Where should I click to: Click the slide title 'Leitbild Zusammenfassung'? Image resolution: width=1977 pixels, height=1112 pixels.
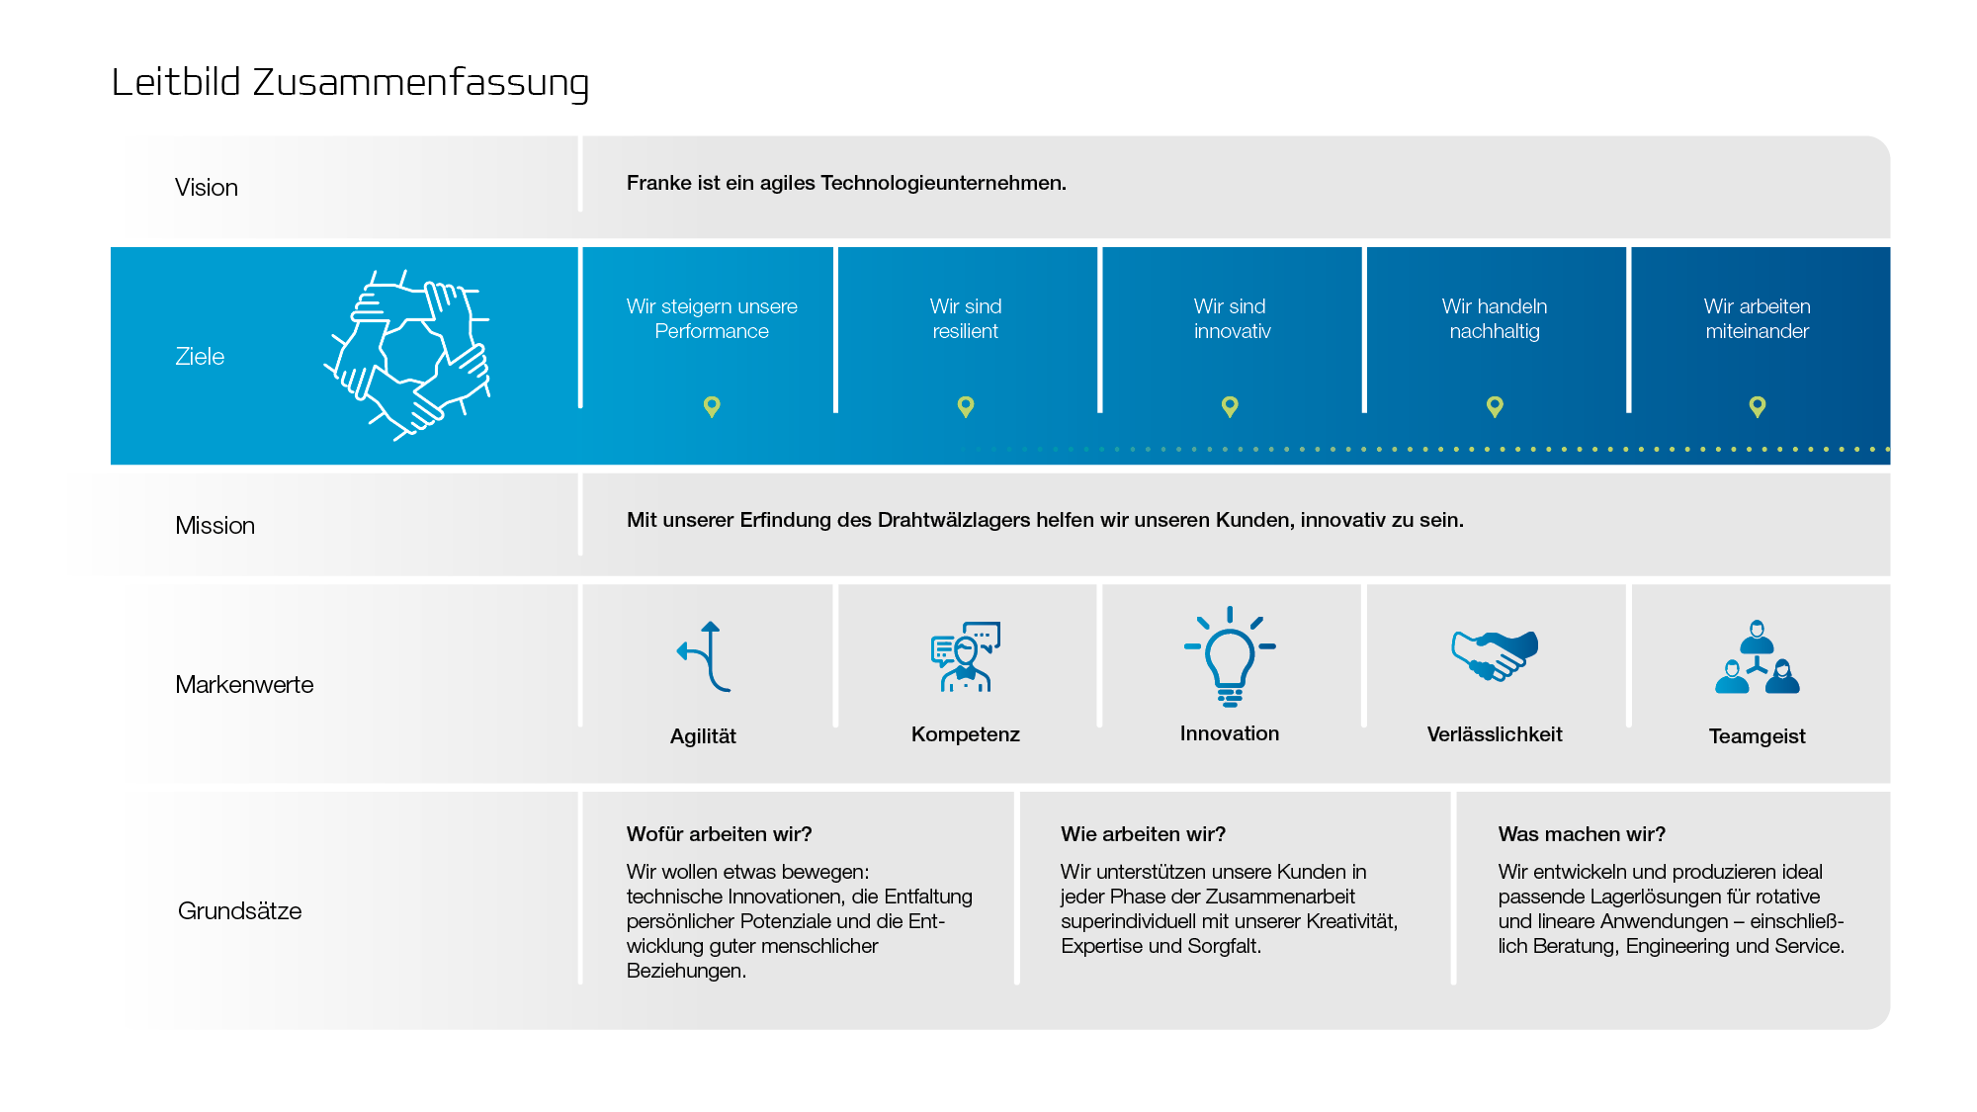pyautogui.click(x=350, y=83)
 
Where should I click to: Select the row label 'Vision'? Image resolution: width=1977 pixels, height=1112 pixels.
pyautogui.click(x=207, y=188)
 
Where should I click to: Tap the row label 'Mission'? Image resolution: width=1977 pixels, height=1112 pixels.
pyautogui.click(x=215, y=526)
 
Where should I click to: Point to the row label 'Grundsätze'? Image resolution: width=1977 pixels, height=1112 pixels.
pyautogui.click(x=239, y=911)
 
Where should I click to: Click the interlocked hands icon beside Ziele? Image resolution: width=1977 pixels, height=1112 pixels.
pyautogui.click(x=408, y=355)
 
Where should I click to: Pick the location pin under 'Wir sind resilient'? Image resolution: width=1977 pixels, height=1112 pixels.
pyautogui.click(x=966, y=406)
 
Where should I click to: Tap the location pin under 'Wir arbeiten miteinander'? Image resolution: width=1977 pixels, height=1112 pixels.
pyautogui.click(x=1757, y=406)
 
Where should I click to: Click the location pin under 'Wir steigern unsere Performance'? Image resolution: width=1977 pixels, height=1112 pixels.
pyautogui.click(x=712, y=406)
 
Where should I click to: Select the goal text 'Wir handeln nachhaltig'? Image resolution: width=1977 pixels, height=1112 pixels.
pyautogui.click(x=1494, y=319)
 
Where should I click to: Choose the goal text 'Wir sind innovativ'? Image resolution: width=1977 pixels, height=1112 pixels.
pyautogui.click(x=1231, y=319)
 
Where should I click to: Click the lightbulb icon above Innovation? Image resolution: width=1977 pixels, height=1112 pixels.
pyautogui.click(x=1230, y=656)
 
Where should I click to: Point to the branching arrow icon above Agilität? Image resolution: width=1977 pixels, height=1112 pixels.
pyautogui.click(x=705, y=656)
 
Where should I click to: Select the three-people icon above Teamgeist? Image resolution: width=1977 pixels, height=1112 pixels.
pyautogui.click(x=1757, y=658)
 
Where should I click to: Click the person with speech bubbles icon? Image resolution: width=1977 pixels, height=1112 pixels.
pyautogui.click(x=966, y=656)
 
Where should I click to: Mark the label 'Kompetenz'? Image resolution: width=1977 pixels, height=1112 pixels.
pyautogui.click(x=966, y=734)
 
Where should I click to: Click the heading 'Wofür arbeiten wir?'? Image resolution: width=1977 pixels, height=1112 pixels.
pyautogui.click(x=719, y=834)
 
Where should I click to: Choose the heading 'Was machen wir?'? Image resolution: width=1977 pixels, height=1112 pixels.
pyautogui.click(x=1582, y=834)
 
